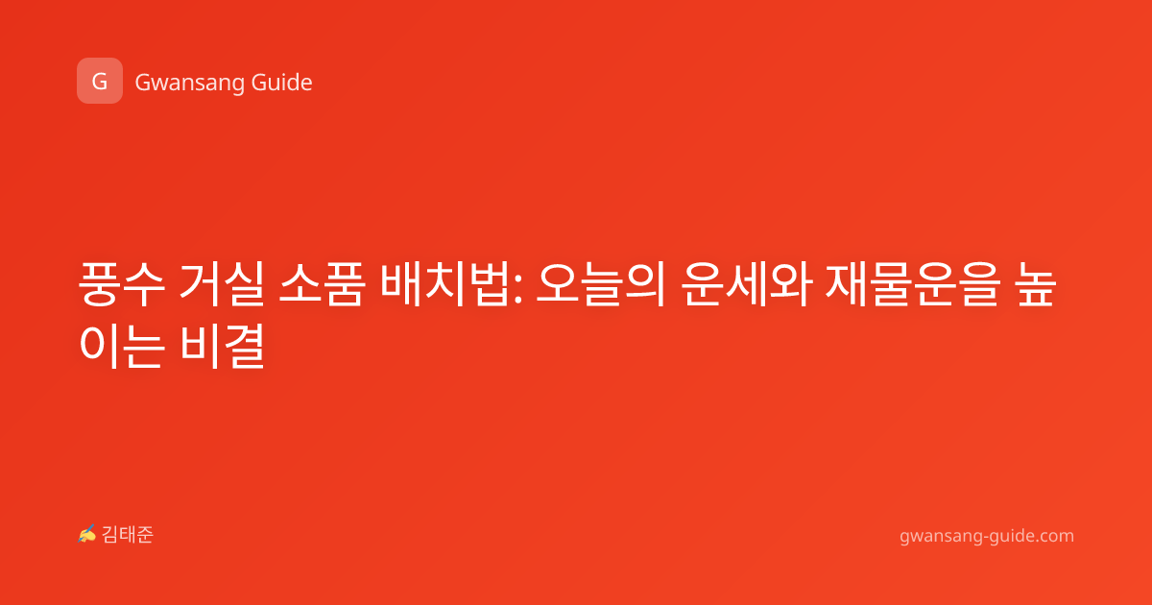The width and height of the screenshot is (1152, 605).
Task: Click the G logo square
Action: pyautogui.click(x=100, y=81)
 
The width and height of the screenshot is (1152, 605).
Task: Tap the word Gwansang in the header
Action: pyautogui.click(x=189, y=84)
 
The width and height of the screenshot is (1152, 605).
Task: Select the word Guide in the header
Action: pyautogui.click(x=282, y=83)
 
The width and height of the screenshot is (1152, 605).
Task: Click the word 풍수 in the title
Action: pyautogui.click(x=122, y=284)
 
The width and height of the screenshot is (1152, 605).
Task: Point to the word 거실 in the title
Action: pyautogui.click(x=222, y=284)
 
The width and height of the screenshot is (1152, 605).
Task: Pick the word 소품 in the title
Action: pyautogui.click(x=322, y=284)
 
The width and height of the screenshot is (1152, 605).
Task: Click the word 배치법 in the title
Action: pyautogui.click(x=444, y=284)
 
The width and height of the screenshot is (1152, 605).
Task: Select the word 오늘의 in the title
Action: pyautogui.click(x=601, y=284)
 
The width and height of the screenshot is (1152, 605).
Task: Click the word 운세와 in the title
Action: pyautogui.click(x=746, y=284)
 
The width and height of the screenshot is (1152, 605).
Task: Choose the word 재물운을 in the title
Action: pyautogui.click(x=913, y=284)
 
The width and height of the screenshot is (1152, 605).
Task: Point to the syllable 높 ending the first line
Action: pyautogui.click(x=1036, y=284)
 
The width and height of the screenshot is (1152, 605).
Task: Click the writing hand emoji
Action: pyautogui.click(x=87, y=534)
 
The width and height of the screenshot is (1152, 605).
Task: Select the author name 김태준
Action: pyautogui.click(x=128, y=535)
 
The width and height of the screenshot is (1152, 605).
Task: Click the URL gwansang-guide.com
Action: pyautogui.click(x=987, y=536)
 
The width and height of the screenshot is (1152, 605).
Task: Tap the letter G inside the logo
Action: pyautogui.click(x=99, y=82)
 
